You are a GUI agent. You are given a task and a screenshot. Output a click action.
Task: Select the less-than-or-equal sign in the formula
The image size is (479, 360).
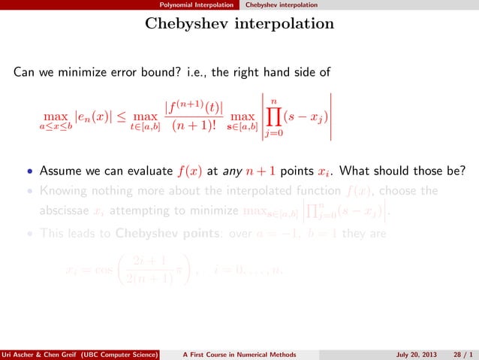tap(119, 116)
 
